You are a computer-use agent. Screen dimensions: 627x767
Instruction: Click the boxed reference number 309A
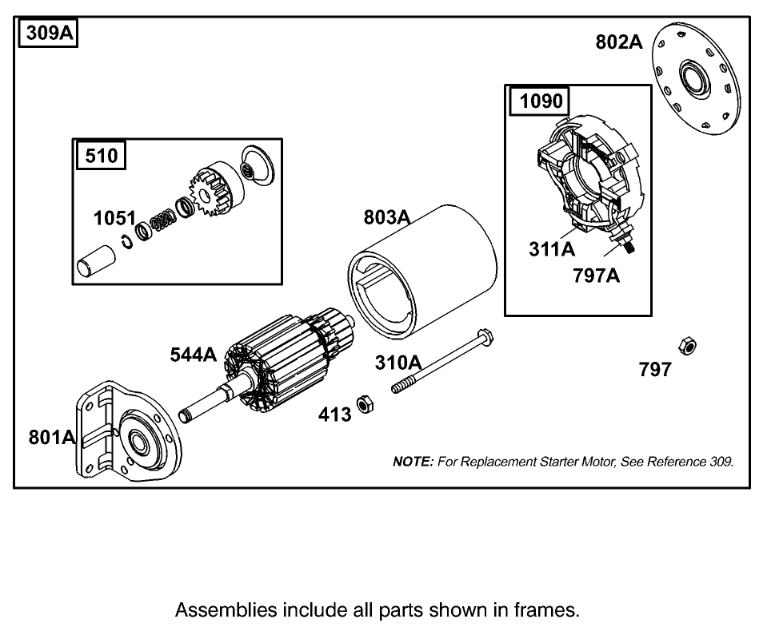[46, 34]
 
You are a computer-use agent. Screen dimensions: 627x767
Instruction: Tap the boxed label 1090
[541, 101]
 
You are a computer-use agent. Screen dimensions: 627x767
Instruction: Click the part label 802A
[618, 42]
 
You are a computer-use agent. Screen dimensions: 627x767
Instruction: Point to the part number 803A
[387, 217]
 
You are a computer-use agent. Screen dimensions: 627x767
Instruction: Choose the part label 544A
[193, 355]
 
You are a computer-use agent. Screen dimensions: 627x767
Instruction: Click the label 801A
[52, 437]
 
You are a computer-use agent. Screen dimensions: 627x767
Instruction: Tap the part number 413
[334, 415]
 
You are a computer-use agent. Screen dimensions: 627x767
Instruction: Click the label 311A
[552, 249]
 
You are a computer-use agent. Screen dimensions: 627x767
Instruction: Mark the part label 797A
[596, 276]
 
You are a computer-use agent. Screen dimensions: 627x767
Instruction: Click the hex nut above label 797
[686, 345]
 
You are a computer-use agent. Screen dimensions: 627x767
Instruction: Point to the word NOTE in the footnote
[413, 462]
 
